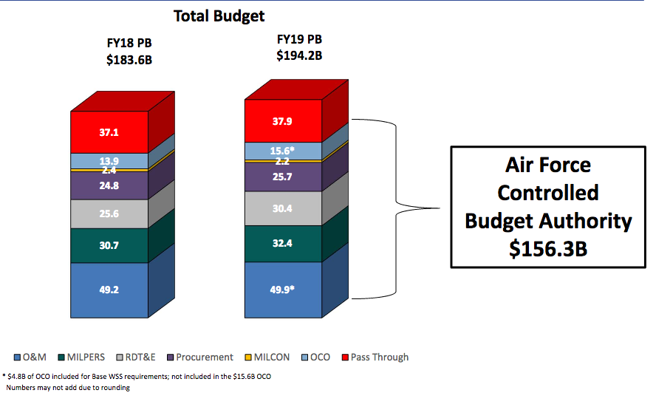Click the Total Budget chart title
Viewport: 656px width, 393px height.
(219, 16)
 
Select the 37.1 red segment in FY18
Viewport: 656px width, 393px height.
(109, 132)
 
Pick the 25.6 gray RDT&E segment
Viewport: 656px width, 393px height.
(109, 214)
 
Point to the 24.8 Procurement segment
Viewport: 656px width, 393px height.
(109, 185)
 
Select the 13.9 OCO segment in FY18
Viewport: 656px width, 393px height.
(109, 161)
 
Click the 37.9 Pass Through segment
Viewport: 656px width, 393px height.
(283, 121)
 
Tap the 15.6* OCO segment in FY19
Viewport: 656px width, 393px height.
(283, 151)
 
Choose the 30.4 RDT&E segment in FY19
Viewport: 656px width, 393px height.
(283, 208)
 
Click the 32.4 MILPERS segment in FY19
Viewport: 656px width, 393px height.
(283, 242)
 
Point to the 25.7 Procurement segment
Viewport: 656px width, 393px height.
(283, 177)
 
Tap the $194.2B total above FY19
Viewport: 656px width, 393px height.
(299, 55)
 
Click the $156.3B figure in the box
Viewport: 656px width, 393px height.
(548, 249)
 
